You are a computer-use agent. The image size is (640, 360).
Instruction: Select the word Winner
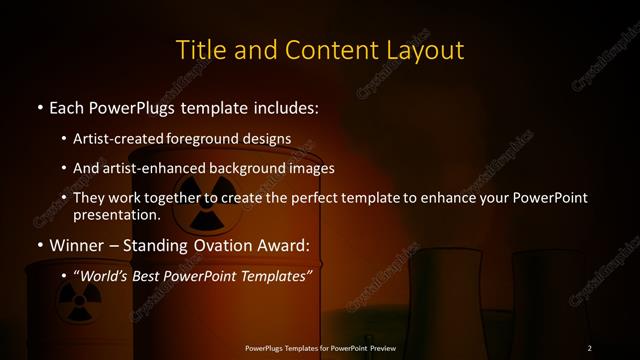coord(77,245)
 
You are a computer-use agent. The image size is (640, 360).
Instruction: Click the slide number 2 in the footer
coord(590,347)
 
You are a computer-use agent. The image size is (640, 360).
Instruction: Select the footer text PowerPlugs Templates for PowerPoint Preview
coord(320,347)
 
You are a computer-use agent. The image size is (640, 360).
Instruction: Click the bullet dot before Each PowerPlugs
coord(39,107)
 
